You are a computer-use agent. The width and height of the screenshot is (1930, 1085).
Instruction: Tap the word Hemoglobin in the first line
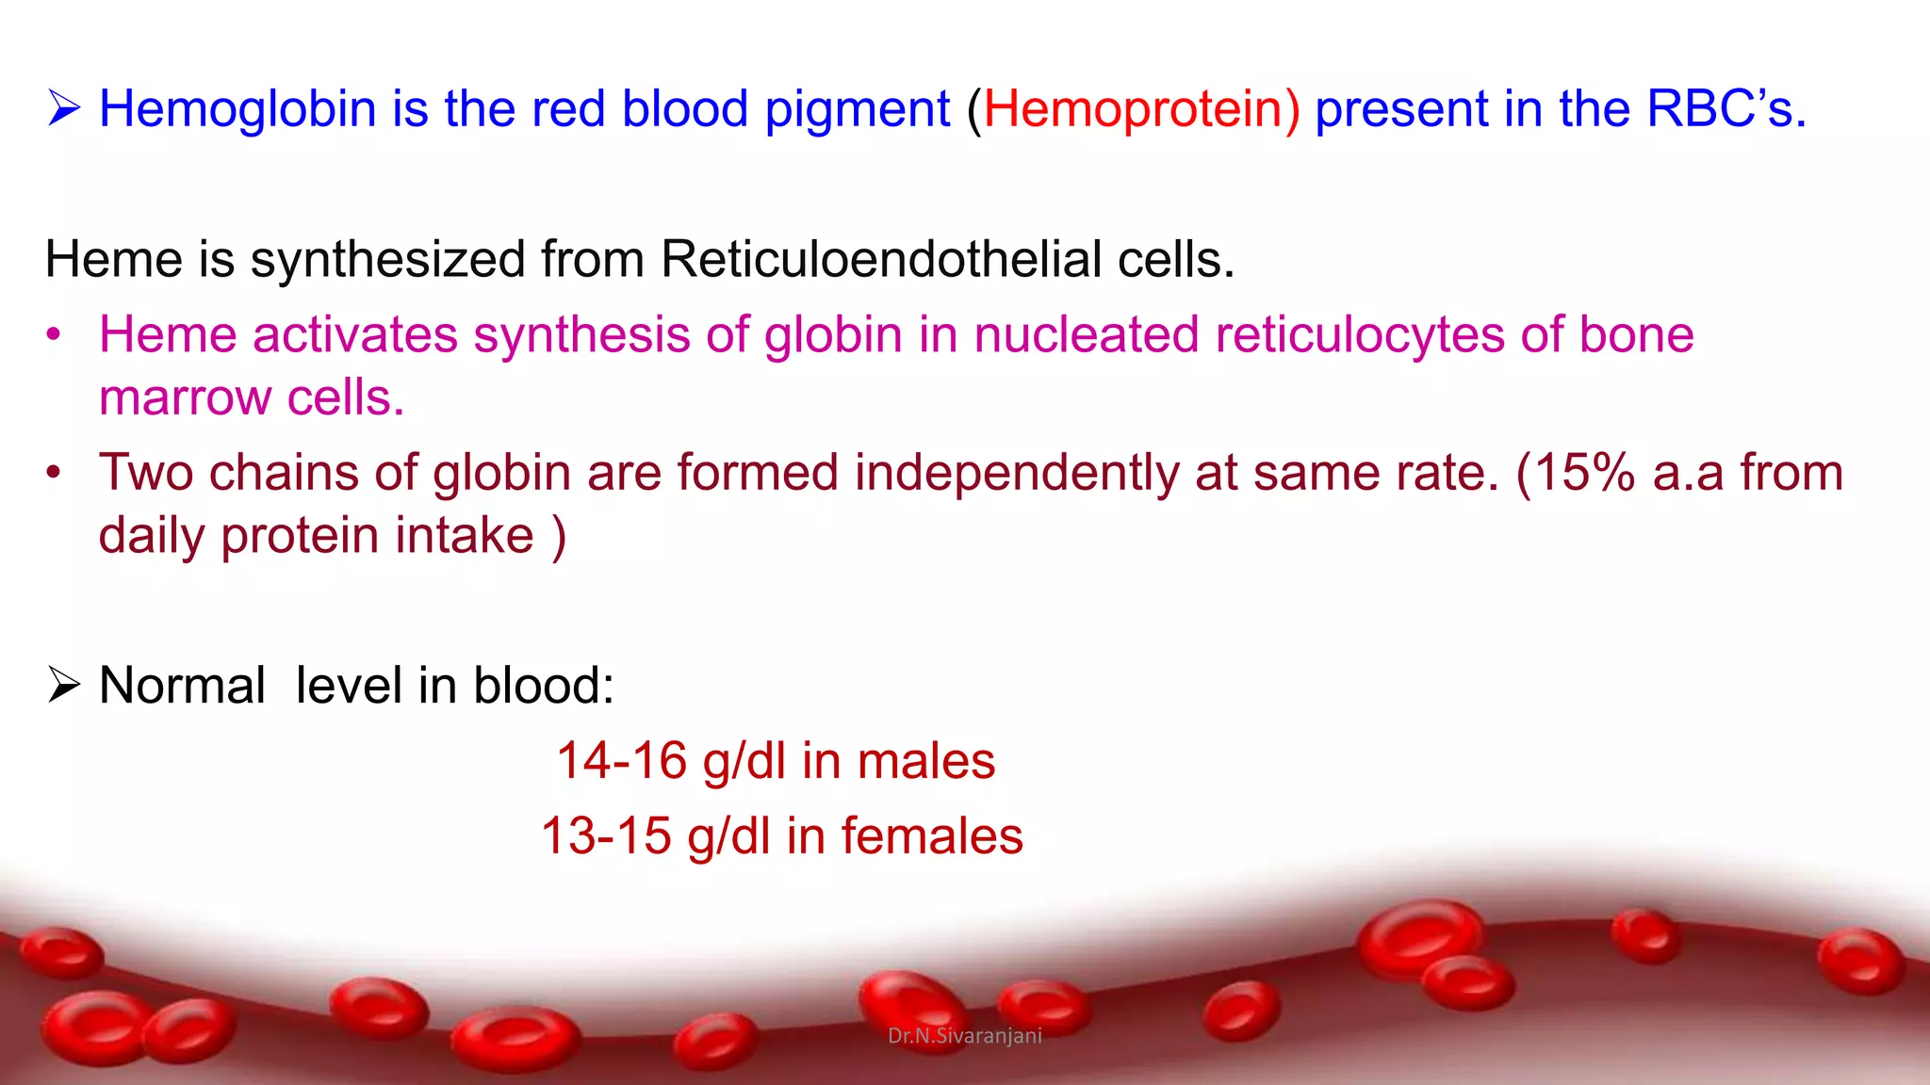tap(237, 109)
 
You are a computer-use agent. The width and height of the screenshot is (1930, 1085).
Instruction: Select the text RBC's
tap(1726, 109)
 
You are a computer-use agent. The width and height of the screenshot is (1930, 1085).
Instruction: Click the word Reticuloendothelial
tap(881, 260)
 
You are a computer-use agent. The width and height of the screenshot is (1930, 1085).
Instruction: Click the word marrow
tap(185, 398)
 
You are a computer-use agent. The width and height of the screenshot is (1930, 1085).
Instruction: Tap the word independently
tap(1016, 473)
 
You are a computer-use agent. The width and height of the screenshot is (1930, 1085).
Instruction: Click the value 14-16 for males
tap(621, 761)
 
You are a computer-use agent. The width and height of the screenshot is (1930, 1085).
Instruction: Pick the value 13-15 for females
tap(606, 836)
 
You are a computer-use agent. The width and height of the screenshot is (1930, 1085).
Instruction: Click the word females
tap(931, 836)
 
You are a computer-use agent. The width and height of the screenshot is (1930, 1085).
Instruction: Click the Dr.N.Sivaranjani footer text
tap(965, 1036)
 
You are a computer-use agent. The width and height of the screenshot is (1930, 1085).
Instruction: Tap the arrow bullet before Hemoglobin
tap(64, 109)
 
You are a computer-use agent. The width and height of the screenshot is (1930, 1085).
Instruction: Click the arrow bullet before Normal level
tap(64, 686)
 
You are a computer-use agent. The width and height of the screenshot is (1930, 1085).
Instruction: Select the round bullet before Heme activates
tap(54, 335)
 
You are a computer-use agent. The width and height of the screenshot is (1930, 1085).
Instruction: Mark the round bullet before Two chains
tap(54, 473)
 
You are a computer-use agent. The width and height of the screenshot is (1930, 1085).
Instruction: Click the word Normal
tap(182, 686)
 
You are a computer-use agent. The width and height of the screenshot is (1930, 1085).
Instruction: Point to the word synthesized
tap(387, 260)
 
